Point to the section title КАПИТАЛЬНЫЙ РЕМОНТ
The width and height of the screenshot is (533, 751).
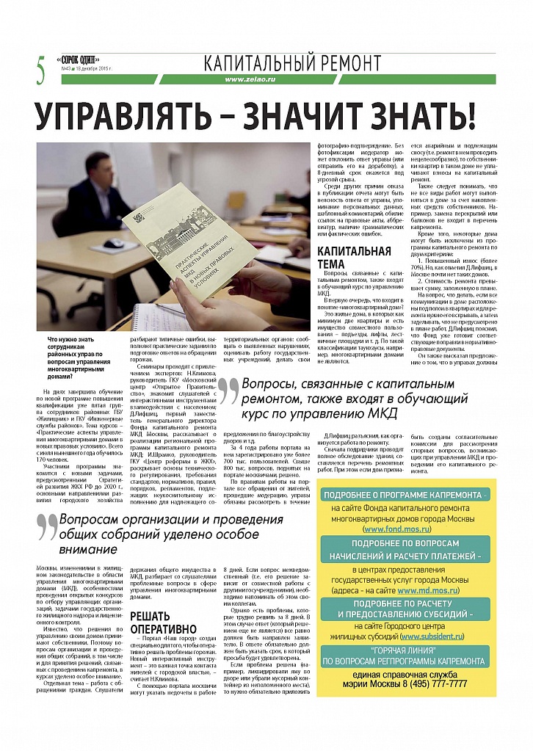293,62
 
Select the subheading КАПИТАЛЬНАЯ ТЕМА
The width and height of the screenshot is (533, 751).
353,258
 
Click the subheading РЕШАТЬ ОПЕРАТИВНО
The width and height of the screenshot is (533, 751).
160,622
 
